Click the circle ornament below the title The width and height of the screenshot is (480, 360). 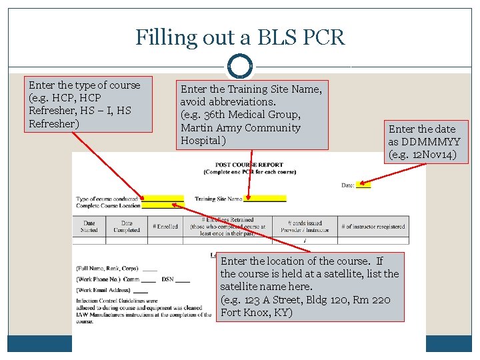click(240, 67)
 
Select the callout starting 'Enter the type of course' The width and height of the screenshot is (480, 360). click(90, 105)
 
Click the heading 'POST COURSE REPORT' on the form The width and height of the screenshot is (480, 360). click(249, 165)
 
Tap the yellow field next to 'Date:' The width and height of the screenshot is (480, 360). click(363, 185)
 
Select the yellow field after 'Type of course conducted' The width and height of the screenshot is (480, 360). click(163, 199)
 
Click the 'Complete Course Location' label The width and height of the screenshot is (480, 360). click(107, 206)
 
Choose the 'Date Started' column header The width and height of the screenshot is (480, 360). click(89, 227)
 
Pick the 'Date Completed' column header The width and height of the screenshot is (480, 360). click(127, 227)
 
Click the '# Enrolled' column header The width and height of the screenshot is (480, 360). click(165, 227)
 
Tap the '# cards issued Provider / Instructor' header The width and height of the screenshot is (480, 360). click(305, 227)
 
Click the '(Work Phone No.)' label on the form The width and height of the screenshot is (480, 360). click(99, 279)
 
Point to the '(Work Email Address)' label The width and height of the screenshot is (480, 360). click(103, 291)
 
